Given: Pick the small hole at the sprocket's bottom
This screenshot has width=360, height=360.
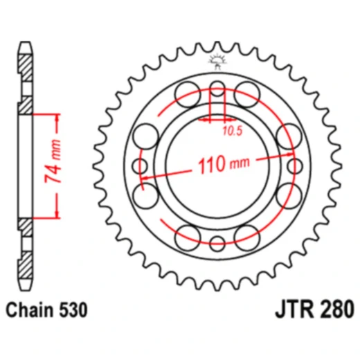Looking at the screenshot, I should tap(217, 243).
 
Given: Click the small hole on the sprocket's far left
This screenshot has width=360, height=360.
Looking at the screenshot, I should tap(141, 166).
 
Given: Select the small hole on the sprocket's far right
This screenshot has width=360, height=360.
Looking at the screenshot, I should tap(295, 166).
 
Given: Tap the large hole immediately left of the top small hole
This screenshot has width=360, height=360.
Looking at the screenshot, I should tap(188, 92).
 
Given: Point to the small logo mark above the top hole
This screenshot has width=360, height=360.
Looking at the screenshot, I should tap(217, 64).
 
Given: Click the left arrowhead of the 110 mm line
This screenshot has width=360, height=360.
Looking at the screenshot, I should tap(145, 181).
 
